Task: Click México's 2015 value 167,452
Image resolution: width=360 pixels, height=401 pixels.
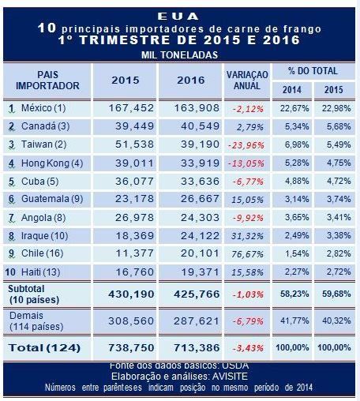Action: click(x=131, y=108)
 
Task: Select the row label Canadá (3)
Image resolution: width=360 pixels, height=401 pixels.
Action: click(x=45, y=126)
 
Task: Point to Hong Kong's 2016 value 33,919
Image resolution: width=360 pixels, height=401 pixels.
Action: click(x=200, y=163)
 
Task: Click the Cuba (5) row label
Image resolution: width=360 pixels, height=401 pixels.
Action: click(x=40, y=182)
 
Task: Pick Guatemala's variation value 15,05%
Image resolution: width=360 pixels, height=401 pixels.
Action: click(x=247, y=200)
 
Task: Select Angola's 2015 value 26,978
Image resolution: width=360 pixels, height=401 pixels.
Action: click(x=134, y=218)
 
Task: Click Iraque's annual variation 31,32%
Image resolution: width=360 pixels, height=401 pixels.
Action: click(x=247, y=236)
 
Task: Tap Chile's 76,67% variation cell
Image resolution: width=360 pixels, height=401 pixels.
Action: click(x=247, y=254)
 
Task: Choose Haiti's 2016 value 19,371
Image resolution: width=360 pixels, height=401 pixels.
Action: click(x=200, y=272)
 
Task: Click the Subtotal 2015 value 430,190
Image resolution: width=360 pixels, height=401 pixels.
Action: click(x=131, y=294)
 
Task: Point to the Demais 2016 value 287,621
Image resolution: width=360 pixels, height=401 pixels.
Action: click(x=197, y=321)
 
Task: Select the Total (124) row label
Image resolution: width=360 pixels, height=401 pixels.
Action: click(x=44, y=348)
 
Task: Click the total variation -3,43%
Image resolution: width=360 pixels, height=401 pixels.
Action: click(x=248, y=348)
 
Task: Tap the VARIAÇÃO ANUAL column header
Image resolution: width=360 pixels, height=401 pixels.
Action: click(x=247, y=81)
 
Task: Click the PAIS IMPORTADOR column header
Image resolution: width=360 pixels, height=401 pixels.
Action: click(x=47, y=81)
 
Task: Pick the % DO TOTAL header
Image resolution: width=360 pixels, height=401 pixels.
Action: click(x=313, y=71)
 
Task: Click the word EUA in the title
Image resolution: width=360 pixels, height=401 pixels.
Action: click(x=178, y=17)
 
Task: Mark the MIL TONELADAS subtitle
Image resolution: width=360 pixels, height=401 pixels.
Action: click(x=179, y=55)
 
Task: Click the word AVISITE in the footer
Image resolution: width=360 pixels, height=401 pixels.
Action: click(x=230, y=377)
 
